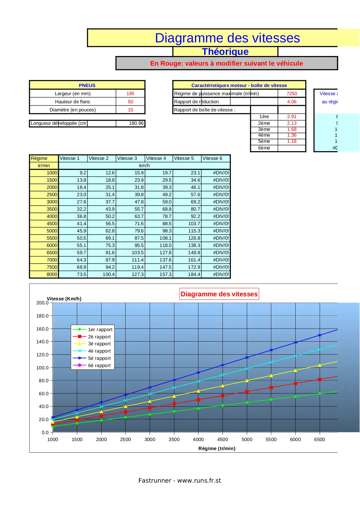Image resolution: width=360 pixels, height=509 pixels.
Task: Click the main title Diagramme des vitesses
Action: pyautogui.click(x=227, y=38)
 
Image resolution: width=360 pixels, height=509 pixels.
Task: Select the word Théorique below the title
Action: pyautogui.click(x=225, y=52)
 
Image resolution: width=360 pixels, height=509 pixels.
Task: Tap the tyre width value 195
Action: pyautogui.click(x=130, y=93)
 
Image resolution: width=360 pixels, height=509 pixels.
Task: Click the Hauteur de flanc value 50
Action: pyautogui.click(x=131, y=102)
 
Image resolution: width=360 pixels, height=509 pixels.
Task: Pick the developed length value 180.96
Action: pyautogui.click(x=136, y=123)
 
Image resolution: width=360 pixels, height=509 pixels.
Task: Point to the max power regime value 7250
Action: pyautogui.click(x=292, y=93)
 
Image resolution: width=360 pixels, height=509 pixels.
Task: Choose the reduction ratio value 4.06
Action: pyautogui.click(x=292, y=102)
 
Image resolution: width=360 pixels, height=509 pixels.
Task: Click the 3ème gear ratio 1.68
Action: pyautogui.click(x=292, y=129)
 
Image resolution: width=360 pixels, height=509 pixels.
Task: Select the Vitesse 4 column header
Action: pyautogui.click(x=156, y=158)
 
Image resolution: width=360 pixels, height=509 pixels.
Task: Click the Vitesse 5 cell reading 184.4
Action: pyautogui.click(x=194, y=274)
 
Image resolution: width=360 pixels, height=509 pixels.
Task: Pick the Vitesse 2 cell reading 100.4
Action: pyautogui.click(x=108, y=274)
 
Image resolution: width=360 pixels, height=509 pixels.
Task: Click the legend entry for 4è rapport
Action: pyautogui.click(x=99, y=351)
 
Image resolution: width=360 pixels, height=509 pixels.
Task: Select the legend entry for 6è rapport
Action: pyautogui.click(x=99, y=366)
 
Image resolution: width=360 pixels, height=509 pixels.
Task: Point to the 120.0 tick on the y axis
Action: pyautogui.click(x=42, y=355)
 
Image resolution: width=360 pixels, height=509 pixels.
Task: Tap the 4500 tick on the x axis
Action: pyautogui.click(x=222, y=439)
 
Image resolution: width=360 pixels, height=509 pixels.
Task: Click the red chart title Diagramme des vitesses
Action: pyautogui.click(x=219, y=294)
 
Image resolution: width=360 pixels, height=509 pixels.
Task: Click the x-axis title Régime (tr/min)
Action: pyautogui.click(x=217, y=448)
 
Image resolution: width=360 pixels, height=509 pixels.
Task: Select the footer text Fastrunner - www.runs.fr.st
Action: pyautogui.click(x=180, y=481)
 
